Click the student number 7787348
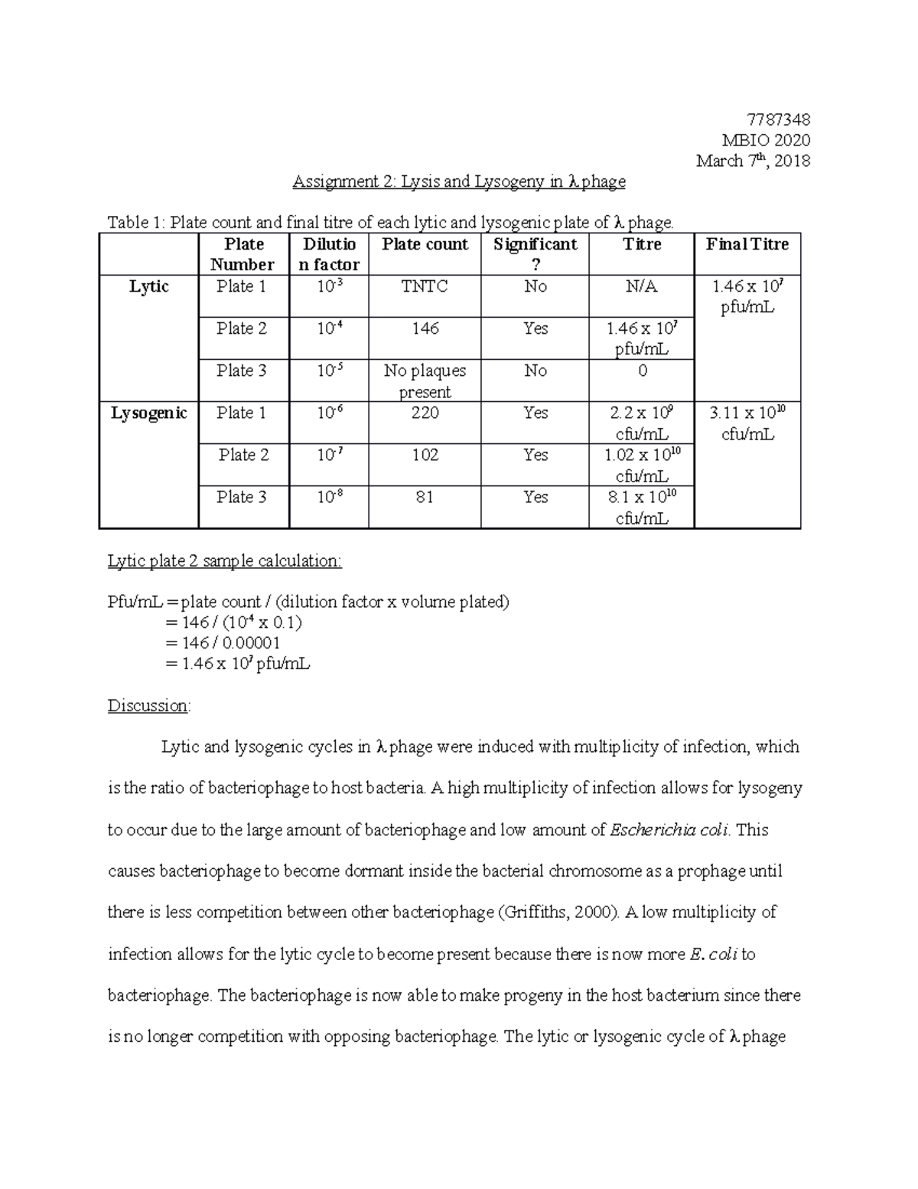[x=777, y=119]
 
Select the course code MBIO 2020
[x=766, y=140]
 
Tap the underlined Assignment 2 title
[x=459, y=181]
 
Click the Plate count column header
[x=425, y=244]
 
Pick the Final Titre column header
[x=747, y=244]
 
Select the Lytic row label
[x=148, y=286]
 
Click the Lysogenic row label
[x=148, y=413]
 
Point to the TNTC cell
[x=425, y=286]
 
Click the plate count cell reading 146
[x=425, y=328]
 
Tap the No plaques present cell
[x=425, y=381]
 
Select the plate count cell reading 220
[x=425, y=413]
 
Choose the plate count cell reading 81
[x=425, y=498]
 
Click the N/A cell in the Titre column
[x=641, y=286]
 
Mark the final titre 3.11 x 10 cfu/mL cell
[x=747, y=423]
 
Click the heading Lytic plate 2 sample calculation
[x=224, y=561]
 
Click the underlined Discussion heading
[x=148, y=705]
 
